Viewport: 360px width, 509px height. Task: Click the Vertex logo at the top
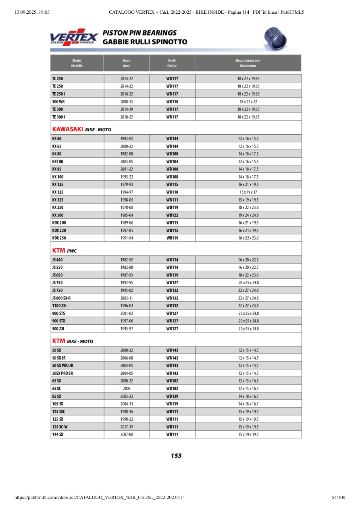coord(74,37)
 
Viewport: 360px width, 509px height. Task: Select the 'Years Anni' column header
coord(127,63)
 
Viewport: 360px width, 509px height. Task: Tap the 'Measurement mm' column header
coord(248,63)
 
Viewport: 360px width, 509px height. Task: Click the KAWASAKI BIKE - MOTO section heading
coord(82,129)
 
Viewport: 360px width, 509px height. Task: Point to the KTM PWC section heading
coord(65,251)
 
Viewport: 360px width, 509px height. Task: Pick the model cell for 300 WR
coord(58,102)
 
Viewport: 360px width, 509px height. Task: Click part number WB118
coord(172,102)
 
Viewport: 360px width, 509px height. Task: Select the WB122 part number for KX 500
coord(172,215)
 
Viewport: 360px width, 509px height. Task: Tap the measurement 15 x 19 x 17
coord(248,192)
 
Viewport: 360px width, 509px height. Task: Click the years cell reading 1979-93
coord(127,185)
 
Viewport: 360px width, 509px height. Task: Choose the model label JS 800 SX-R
coord(61,298)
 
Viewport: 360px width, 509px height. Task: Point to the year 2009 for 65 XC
coord(127,389)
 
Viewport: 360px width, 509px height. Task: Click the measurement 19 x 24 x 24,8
coord(248,215)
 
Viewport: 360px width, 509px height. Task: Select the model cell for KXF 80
coord(58,162)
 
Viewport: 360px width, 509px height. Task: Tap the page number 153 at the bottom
coord(176,456)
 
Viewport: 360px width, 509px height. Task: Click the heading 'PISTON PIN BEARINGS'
coord(139,33)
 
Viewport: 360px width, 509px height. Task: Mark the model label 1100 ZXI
coord(59,306)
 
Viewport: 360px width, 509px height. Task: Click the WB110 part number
coord(172,192)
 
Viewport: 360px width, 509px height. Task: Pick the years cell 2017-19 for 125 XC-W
coord(127,427)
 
